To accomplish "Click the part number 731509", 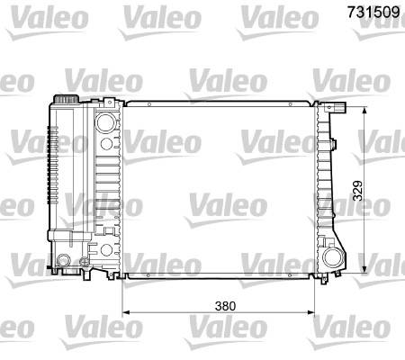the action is (x=373, y=13).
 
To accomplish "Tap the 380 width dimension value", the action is (x=225, y=306).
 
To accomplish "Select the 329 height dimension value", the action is (x=357, y=191).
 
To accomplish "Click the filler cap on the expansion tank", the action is (x=66, y=99).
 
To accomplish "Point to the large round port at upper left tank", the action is (x=105, y=122).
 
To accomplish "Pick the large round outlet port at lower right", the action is (x=333, y=257).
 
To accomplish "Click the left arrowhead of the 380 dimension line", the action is (x=126, y=312).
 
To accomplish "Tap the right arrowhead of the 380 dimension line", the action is (x=311, y=312).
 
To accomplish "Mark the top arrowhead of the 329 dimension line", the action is (x=364, y=111).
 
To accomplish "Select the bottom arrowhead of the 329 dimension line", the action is (x=364, y=269).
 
